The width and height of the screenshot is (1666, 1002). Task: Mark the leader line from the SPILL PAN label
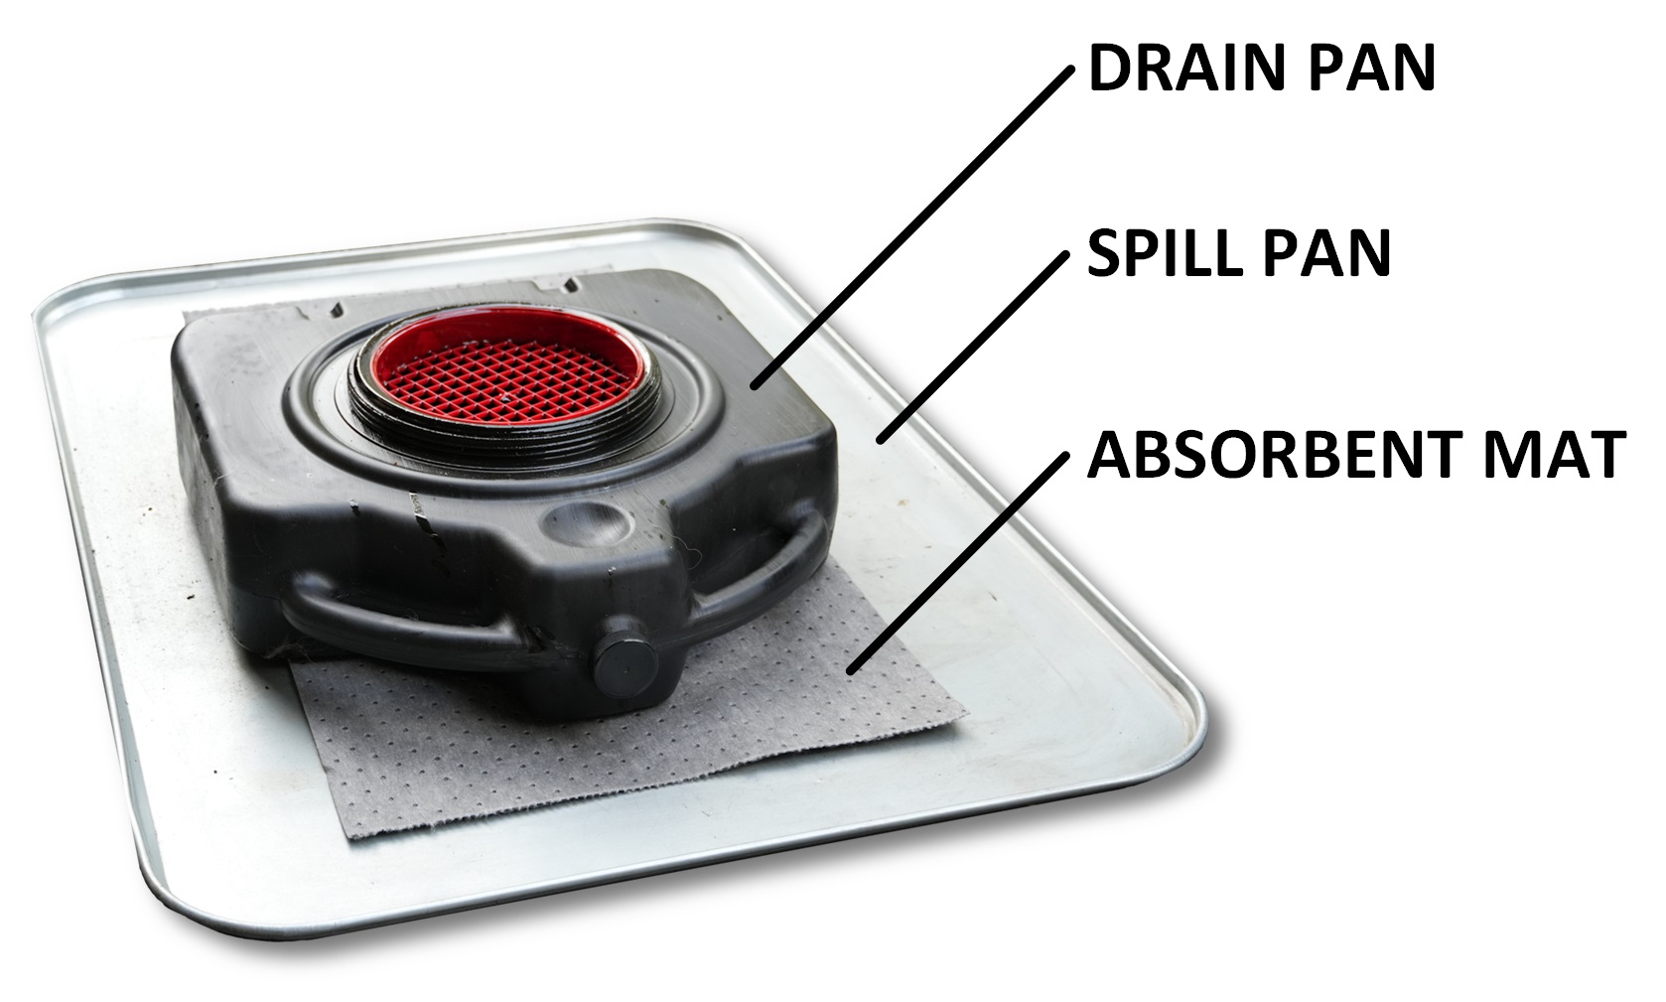click(x=973, y=343)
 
